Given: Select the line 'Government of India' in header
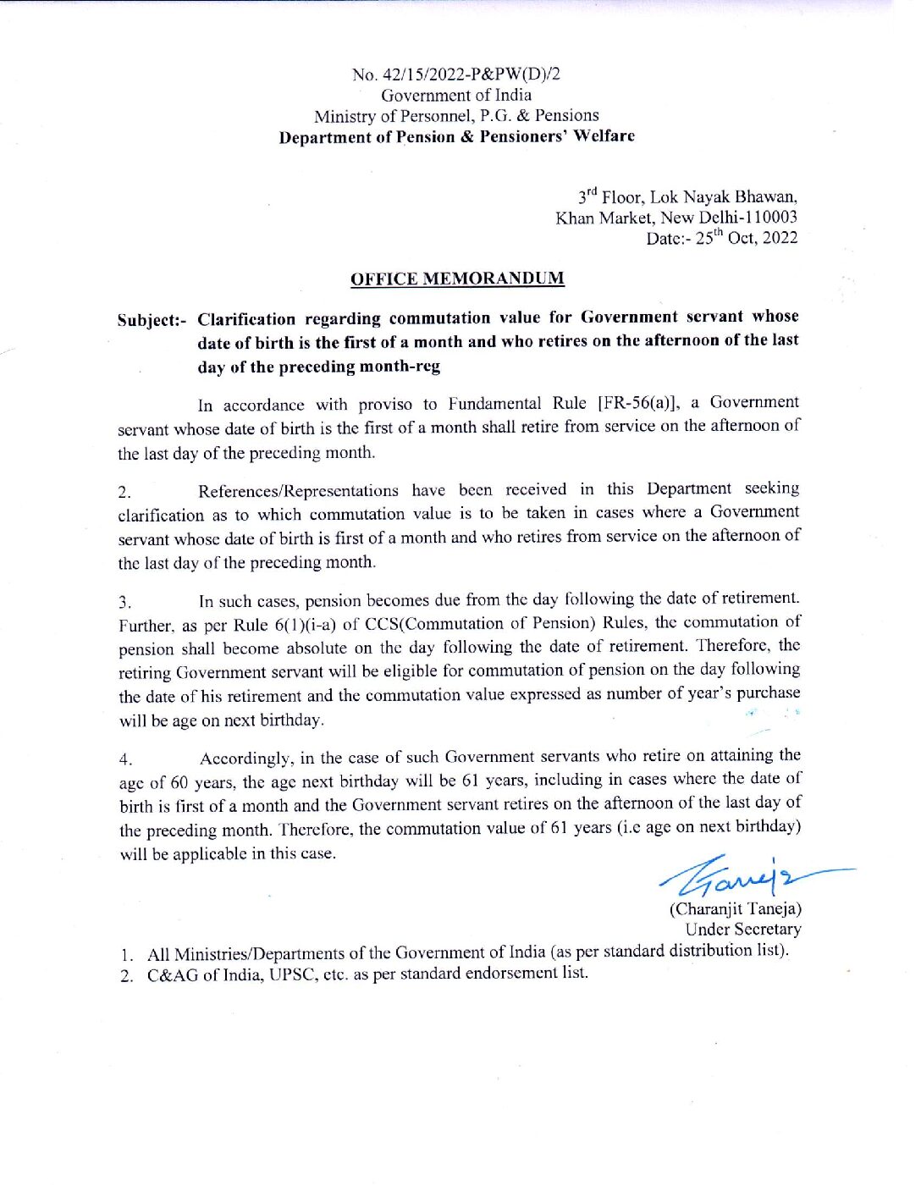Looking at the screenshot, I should point(456,95).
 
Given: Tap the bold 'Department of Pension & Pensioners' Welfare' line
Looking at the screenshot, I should point(456,136).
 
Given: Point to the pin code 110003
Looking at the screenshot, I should point(769,218).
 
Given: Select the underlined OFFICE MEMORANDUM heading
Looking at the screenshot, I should point(457,279).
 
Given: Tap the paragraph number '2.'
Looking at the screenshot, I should point(124,493).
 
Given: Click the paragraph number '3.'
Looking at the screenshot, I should point(124,603).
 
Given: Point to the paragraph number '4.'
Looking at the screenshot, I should point(125,759).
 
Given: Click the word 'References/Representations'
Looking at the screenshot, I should point(298,491).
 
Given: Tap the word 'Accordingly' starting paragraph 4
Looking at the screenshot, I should point(246,758).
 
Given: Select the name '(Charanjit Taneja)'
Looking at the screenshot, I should point(735,909).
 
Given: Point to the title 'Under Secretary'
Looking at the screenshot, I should point(743,930).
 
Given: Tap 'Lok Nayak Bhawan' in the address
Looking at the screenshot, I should point(722,197).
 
